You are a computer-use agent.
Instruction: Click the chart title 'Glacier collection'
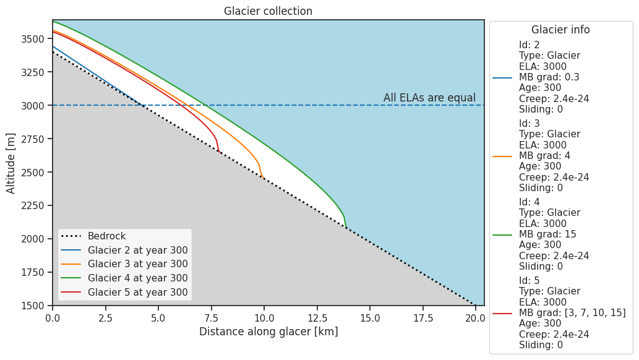(x=268, y=11)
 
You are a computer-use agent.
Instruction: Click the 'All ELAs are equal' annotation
(x=429, y=98)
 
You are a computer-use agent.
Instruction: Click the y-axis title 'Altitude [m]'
(x=11, y=162)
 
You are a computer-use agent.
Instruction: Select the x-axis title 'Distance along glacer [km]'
(x=268, y=332)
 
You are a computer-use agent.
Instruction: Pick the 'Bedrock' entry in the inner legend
(x=106, y=236)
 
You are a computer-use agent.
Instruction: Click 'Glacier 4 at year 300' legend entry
(x=137, y=278)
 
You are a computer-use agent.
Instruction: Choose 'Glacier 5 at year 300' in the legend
(x=137, y=293)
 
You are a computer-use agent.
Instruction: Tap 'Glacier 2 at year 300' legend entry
(x=137, y=251)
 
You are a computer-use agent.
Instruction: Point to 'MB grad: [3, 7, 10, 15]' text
(x=572, y=313)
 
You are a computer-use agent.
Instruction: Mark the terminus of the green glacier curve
(x=346, y=228)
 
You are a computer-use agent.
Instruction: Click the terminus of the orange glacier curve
(x=264, y=179)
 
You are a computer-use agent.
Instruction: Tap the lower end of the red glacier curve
(x=218, y=150)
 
